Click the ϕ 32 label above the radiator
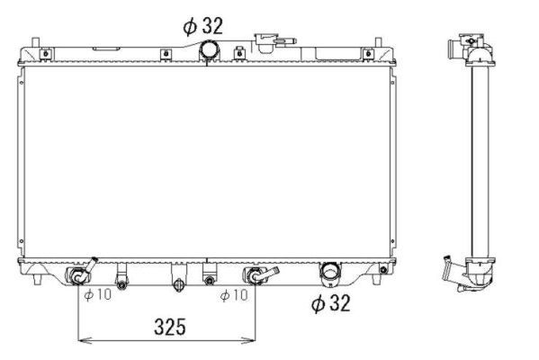202,26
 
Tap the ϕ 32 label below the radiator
330,302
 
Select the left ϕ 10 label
98,294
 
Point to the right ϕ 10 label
234,294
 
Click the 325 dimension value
170,327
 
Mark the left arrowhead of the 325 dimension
85,340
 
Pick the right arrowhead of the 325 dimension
250,340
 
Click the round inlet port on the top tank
210,49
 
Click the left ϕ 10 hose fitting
81,273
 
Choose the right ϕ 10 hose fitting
260,274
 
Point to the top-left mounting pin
35,42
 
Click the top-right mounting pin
378,42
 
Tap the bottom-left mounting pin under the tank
38,279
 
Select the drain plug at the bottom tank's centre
178,284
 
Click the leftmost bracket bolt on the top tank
45,54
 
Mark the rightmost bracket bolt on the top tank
368,54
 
